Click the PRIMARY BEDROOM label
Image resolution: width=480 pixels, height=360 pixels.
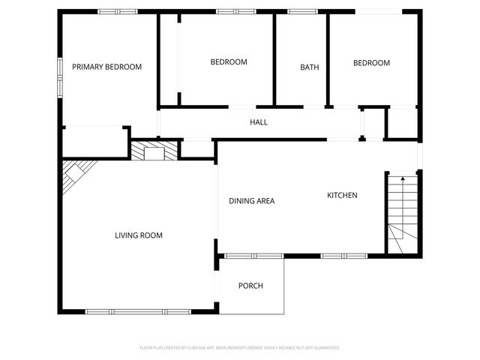click(x=106, y=67)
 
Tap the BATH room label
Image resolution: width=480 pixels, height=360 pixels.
click(x=310, y=67)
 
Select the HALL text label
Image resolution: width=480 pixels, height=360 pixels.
click(x=259, y=122)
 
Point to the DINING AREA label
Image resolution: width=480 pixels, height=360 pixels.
click(x=251, y=200)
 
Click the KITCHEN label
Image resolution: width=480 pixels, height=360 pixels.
click(x=342, y=196)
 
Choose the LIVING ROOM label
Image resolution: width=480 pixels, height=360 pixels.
click(x=138, y=235)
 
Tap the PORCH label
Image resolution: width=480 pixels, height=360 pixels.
click(x=250, y=286)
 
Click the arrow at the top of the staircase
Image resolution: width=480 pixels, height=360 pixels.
click(x=403, y=178)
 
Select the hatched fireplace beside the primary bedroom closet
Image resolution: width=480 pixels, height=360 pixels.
click(x=155, y=151)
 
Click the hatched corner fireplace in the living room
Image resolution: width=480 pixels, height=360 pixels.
click(x=75, y=175)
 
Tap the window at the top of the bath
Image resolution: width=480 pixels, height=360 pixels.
click(x=301, y=12)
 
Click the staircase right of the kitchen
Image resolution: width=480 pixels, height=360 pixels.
click(x=401, y=214)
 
